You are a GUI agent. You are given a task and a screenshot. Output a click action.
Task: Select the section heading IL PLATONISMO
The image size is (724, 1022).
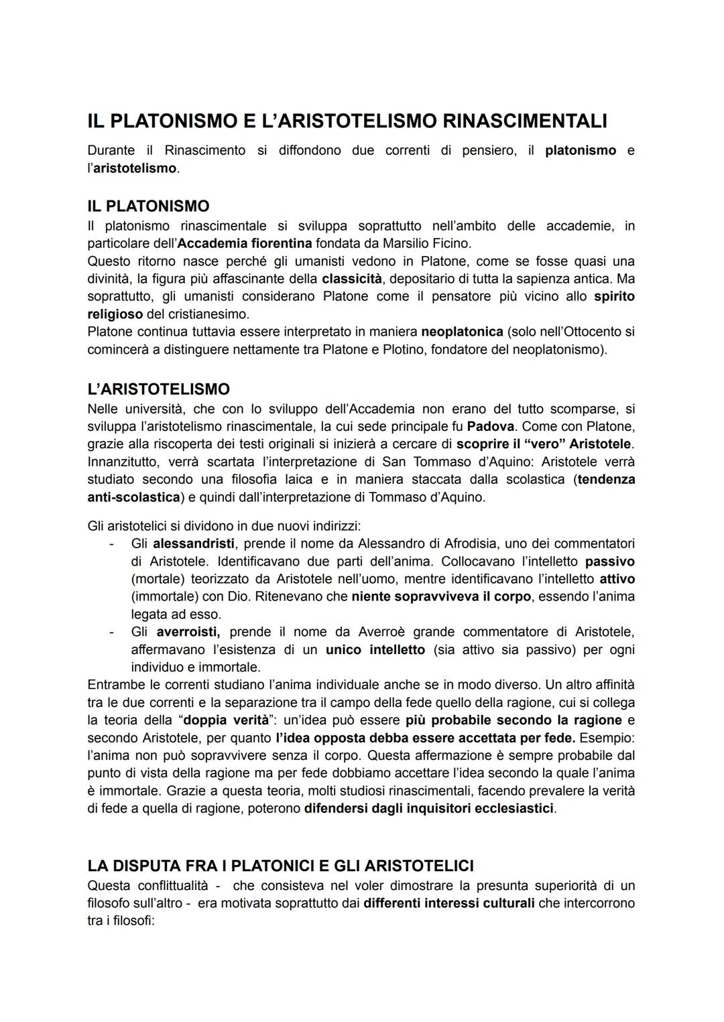148,206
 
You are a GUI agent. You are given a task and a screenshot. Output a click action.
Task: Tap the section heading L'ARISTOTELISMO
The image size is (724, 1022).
158,389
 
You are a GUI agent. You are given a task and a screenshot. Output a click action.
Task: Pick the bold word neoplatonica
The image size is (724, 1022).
462,332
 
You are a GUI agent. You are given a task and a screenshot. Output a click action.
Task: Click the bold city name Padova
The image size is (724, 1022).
491,426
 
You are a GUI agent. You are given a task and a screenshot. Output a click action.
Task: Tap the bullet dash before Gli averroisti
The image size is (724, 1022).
112,632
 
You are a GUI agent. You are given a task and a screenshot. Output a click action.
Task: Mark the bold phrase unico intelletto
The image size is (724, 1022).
375,649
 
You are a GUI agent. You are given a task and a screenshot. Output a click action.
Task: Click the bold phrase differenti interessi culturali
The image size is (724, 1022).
449,903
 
